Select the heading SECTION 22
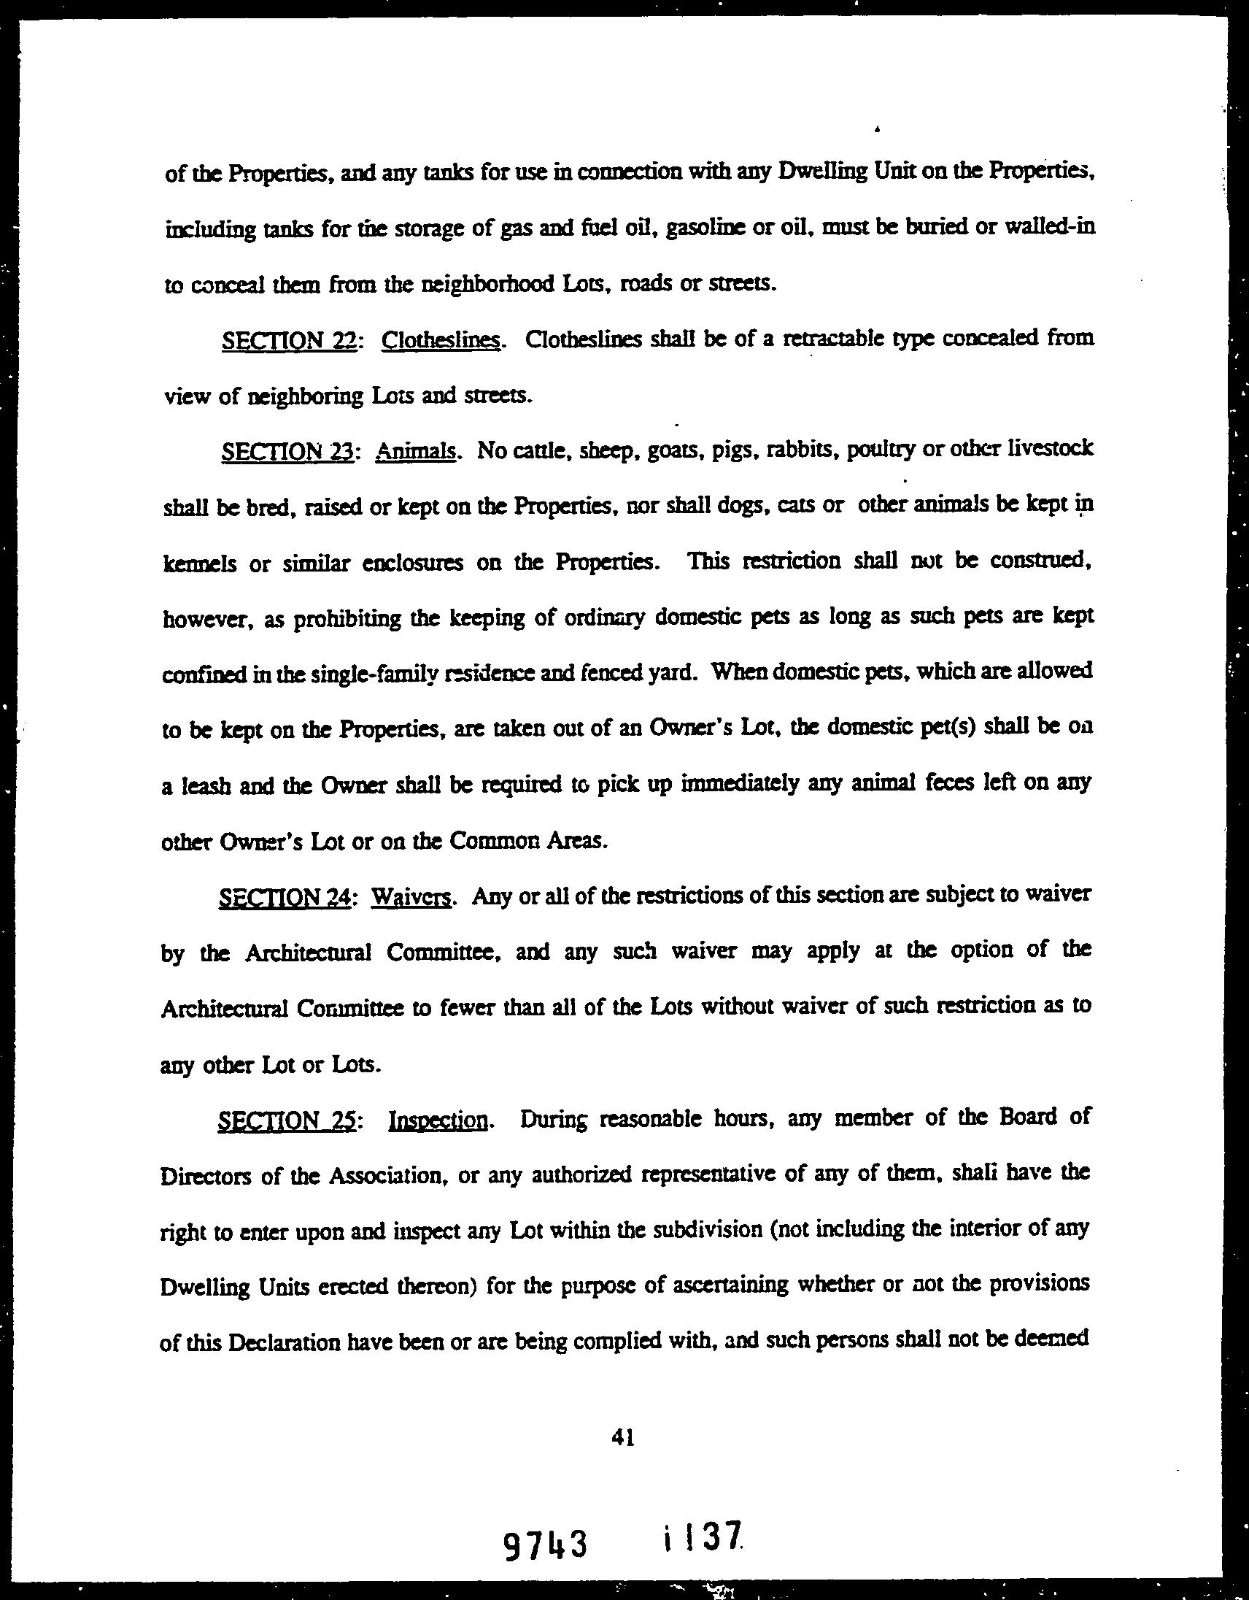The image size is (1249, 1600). [288, 340]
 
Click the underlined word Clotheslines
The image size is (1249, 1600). [441, 340]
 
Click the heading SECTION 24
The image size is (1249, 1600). [285, 898]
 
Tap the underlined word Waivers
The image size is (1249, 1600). [411, 898]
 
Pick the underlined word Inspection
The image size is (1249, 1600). [438, 1122]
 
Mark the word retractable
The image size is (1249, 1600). [830, 339]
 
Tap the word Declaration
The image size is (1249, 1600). [285, 1342]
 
